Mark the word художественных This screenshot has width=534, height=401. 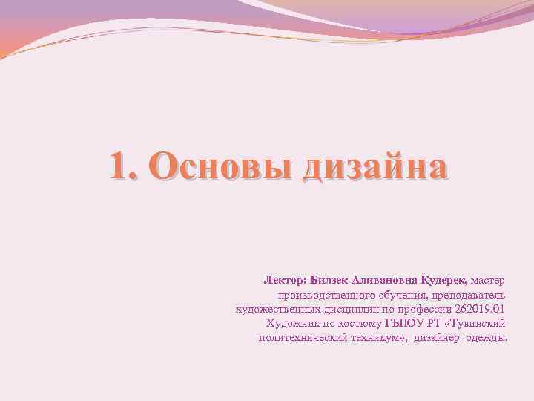coord(271,310)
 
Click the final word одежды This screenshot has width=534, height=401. coord(489,338)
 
